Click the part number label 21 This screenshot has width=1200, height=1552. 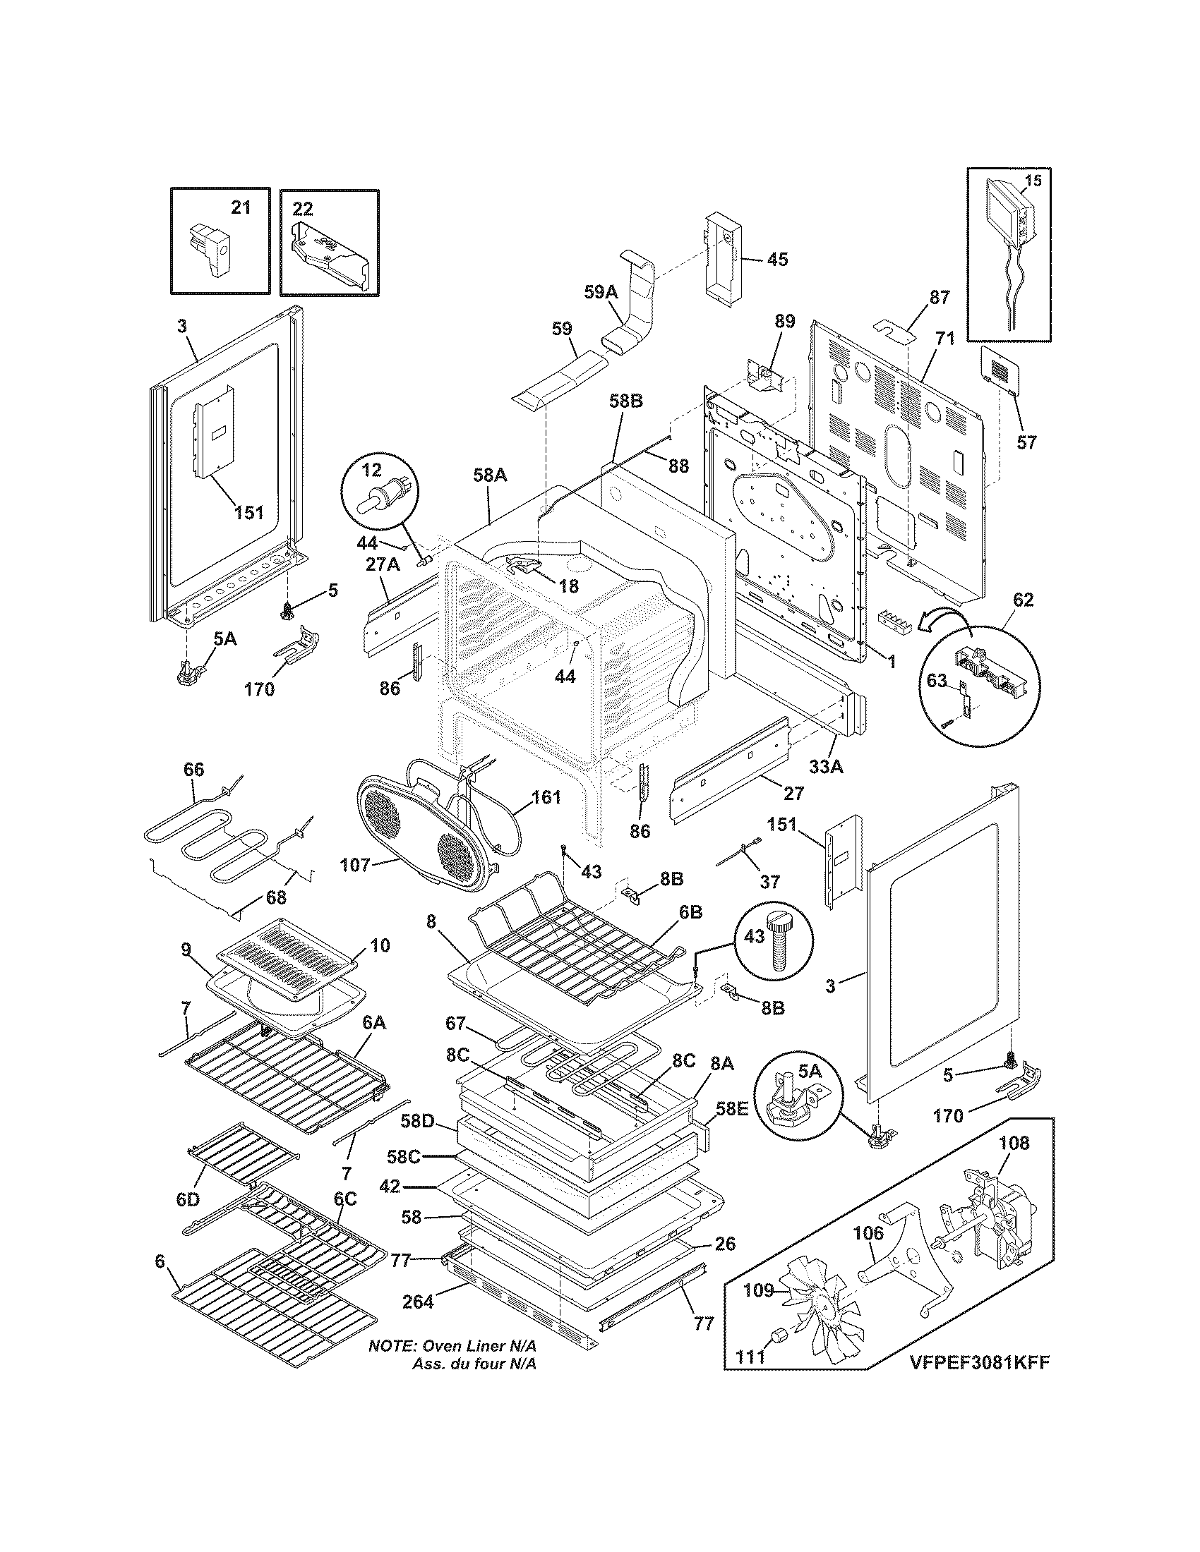pyautogui.click(x=241, y=207)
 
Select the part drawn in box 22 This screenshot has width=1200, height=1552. pyautogui.click(x=330, y=257)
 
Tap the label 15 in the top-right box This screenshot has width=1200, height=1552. pyautogui.click(x=1033, y=181)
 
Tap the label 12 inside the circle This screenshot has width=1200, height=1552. pyautogui.click(x=372, y=469)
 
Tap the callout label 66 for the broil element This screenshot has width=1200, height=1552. pyautogui.click(x=193, y=769)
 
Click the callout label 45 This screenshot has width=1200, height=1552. pyautogui.click(x=777, y=260)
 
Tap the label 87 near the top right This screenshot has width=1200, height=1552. pyautogui.click(x=940, y=298)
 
